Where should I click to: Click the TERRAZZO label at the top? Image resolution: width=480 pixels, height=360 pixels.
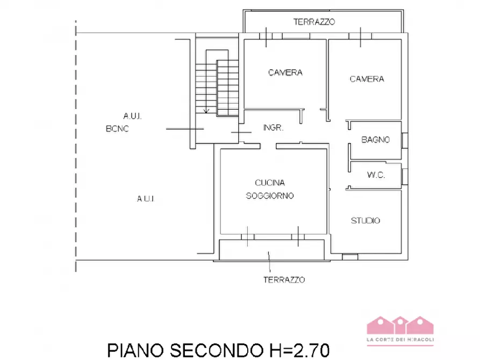point(314,22)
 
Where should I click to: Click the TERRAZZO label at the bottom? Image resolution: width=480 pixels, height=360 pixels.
point(284,280)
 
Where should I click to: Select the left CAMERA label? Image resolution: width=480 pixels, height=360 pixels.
point(285,73)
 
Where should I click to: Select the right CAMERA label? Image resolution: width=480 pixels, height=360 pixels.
point(367,79)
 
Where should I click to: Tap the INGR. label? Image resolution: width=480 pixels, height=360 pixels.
point(273,128)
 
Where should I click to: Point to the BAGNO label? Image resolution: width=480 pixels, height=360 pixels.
point(375,140)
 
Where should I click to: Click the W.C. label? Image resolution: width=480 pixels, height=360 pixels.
point(376,175)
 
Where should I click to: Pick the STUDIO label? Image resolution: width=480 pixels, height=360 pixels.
point(366,220)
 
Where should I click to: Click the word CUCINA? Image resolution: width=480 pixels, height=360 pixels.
point(269,183)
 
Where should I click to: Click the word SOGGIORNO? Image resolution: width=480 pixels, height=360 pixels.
point(269,196)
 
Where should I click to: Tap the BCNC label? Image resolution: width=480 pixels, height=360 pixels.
point(117,129)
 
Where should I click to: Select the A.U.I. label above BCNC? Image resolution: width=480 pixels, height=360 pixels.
point(132,116)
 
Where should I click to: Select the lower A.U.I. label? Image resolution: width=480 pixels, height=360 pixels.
point(146,199)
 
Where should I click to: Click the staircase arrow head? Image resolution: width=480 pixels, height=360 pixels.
point(206,112)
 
